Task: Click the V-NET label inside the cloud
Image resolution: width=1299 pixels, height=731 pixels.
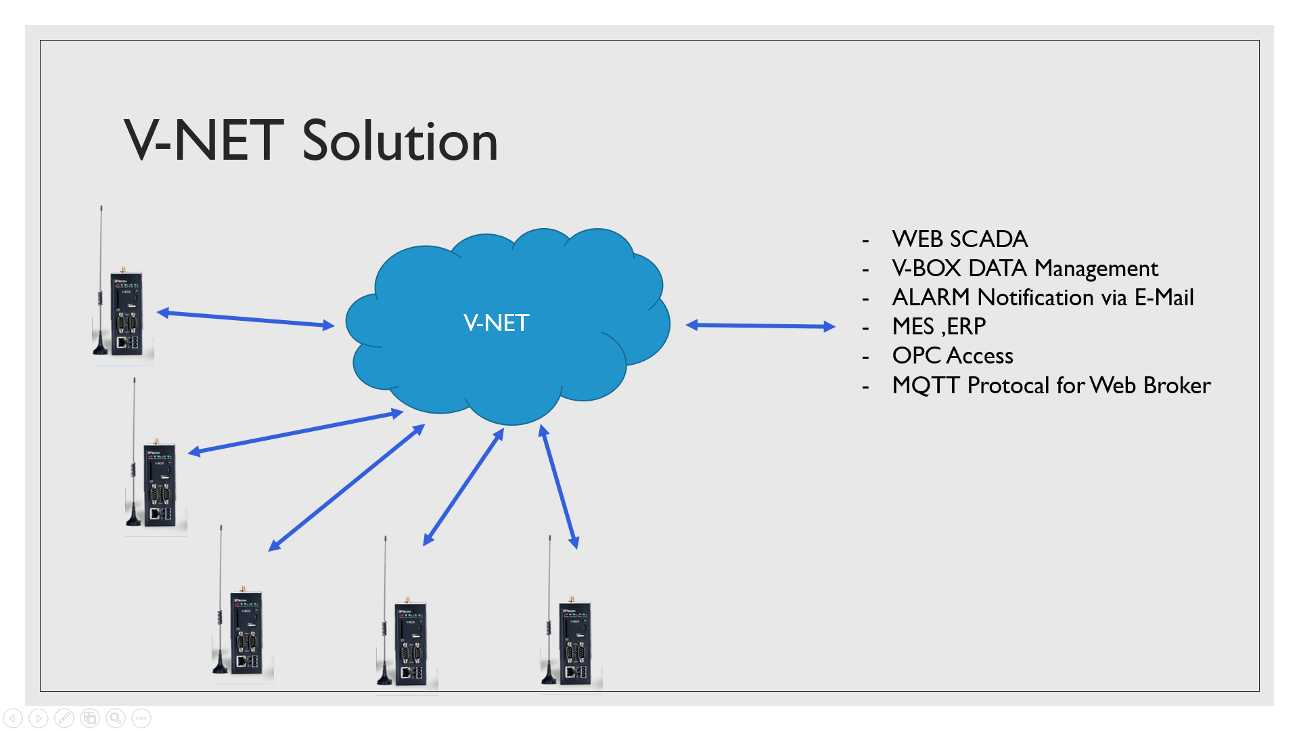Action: coord(496,323)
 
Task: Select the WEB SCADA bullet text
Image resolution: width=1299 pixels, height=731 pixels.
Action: coord(959,239)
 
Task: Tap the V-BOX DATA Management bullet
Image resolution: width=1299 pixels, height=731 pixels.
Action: coord(1024,269)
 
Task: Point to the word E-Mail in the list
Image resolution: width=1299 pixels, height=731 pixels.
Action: coord(1164,298)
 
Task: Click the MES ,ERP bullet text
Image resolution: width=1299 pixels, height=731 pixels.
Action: coord(938,327)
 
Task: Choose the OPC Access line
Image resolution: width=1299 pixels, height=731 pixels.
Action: coord(952,356)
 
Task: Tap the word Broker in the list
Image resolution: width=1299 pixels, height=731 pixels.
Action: coord(1177,385)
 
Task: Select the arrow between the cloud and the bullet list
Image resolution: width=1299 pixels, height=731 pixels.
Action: coord(760,326)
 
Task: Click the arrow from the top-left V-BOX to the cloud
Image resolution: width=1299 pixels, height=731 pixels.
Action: coord(246,319)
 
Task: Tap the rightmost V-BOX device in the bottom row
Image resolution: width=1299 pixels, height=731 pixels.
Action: coord(574,643)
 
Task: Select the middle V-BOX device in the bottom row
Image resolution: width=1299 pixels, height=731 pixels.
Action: coord(409,643)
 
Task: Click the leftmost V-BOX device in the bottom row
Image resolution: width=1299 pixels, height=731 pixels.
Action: coord(245,633)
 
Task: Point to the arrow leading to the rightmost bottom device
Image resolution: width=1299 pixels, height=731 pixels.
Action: coord(559,487)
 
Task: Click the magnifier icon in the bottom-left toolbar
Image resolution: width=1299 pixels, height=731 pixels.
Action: coord(116,718)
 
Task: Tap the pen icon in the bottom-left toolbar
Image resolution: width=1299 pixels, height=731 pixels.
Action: coord(64,718)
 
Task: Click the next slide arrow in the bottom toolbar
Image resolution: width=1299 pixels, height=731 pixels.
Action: coord(39,718)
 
